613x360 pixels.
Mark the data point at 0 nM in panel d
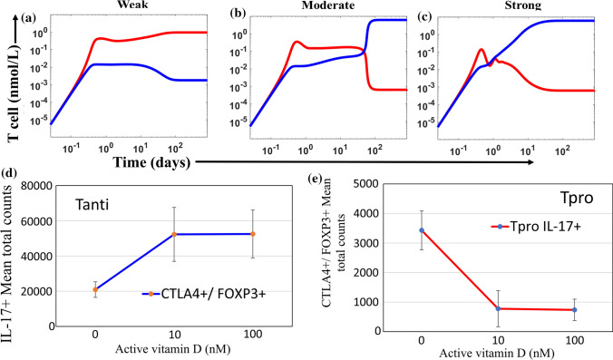95,289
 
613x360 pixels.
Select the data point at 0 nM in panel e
394,230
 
